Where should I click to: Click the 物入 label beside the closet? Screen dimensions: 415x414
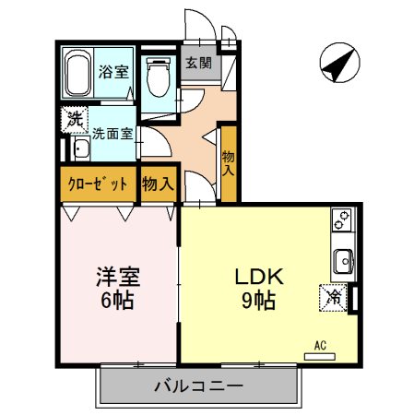point(158,183)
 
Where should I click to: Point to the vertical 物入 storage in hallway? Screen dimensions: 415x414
point(228,163)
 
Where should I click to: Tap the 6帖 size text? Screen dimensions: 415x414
point(116,301)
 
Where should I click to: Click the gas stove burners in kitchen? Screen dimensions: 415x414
point(342,222)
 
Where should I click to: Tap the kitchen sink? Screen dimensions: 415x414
point(343,261)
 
